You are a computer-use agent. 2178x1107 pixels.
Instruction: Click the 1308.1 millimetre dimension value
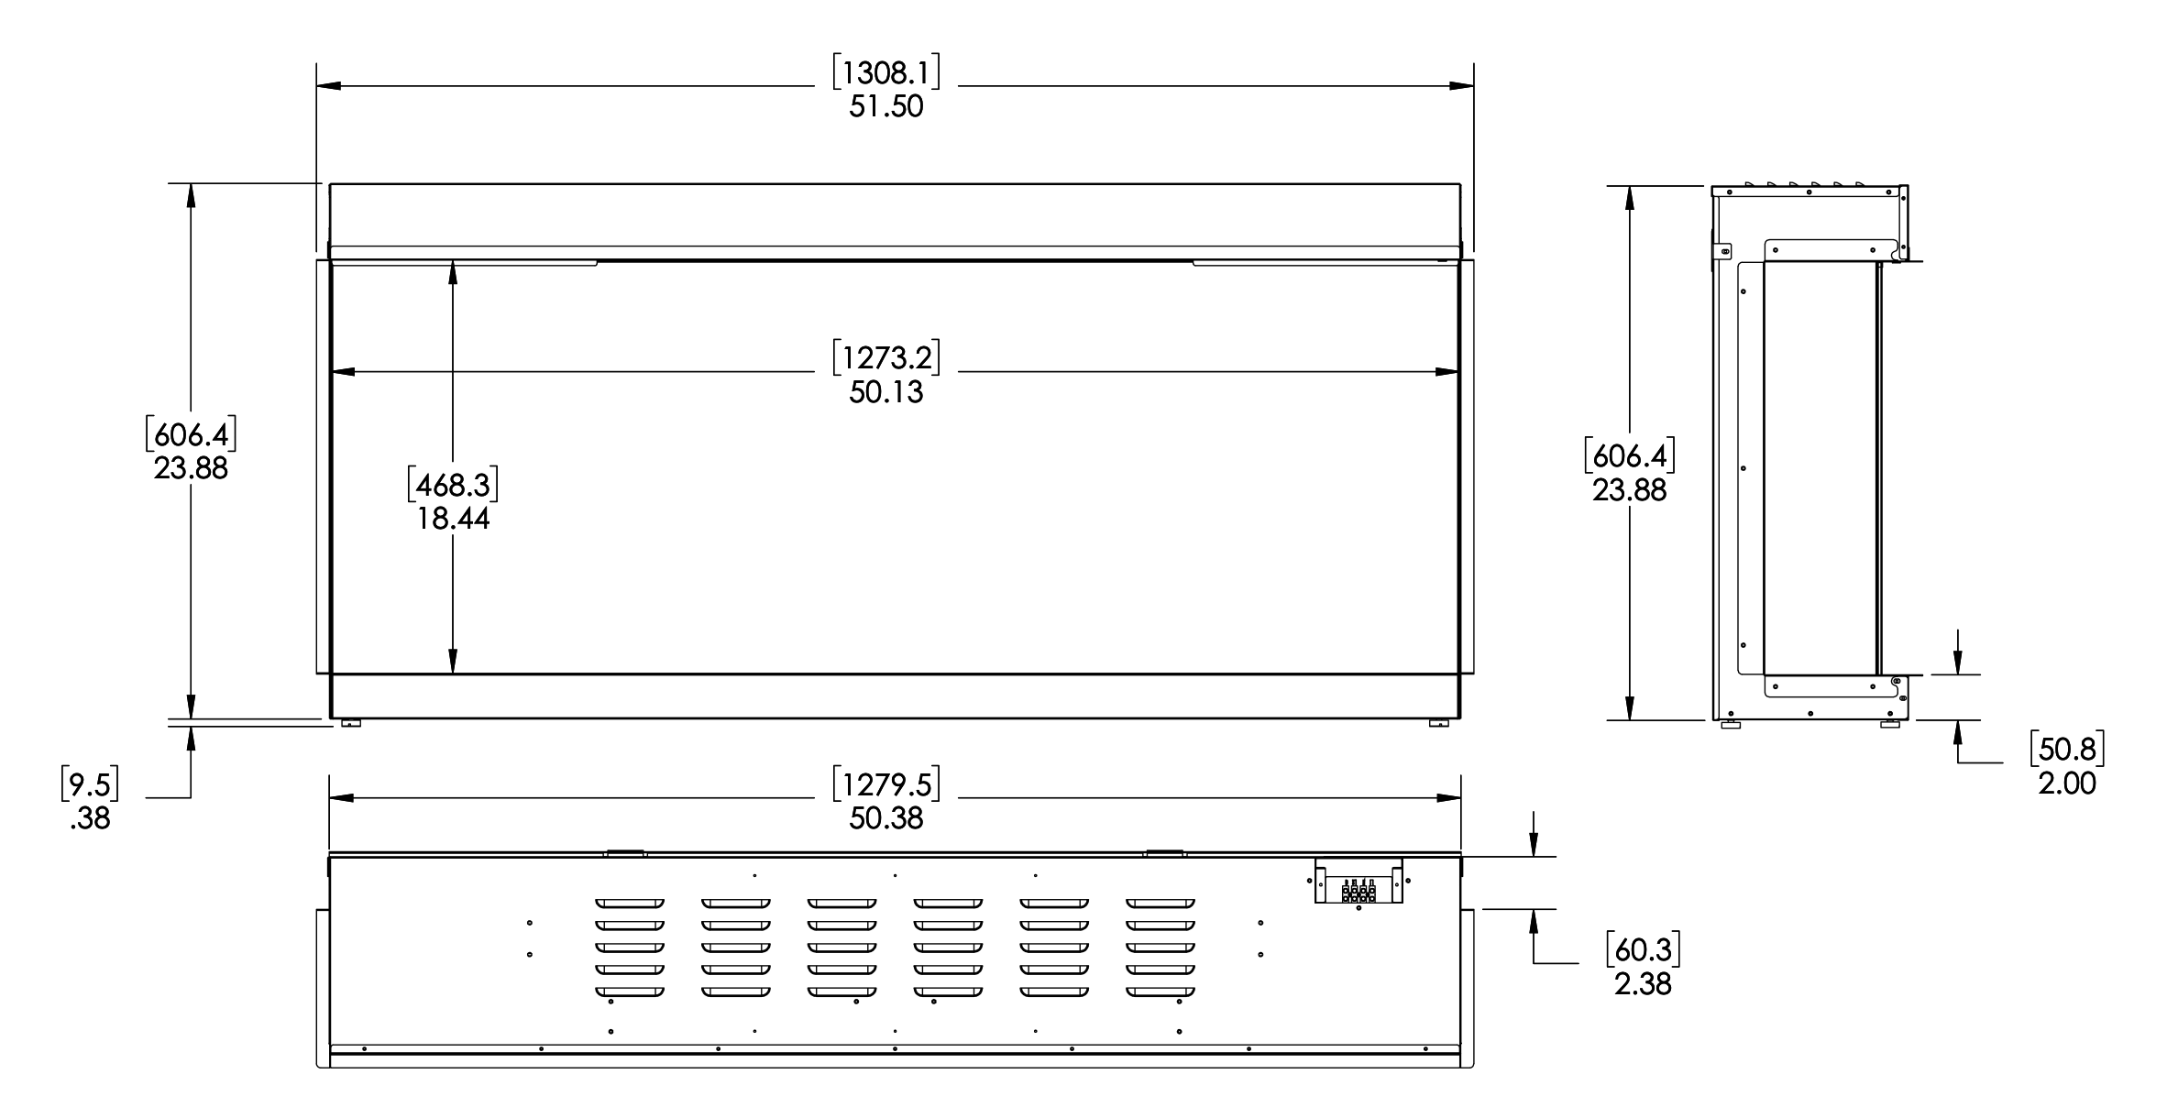(885, 72)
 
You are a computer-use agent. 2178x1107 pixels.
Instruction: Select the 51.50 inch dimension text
(885, 107)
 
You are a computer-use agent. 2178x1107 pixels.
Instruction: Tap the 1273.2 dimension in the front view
(885, 357)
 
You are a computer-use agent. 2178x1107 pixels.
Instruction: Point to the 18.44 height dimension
(453, 520)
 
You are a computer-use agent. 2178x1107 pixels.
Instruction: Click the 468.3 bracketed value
(453, 485)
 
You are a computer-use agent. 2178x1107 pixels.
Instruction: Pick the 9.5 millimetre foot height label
(90, 784)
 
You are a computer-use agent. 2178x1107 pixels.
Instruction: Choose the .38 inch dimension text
(90, 818)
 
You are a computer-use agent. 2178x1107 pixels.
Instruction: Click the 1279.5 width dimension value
(885, 784)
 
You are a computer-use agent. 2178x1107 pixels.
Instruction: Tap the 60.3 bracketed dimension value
(1643, 950)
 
